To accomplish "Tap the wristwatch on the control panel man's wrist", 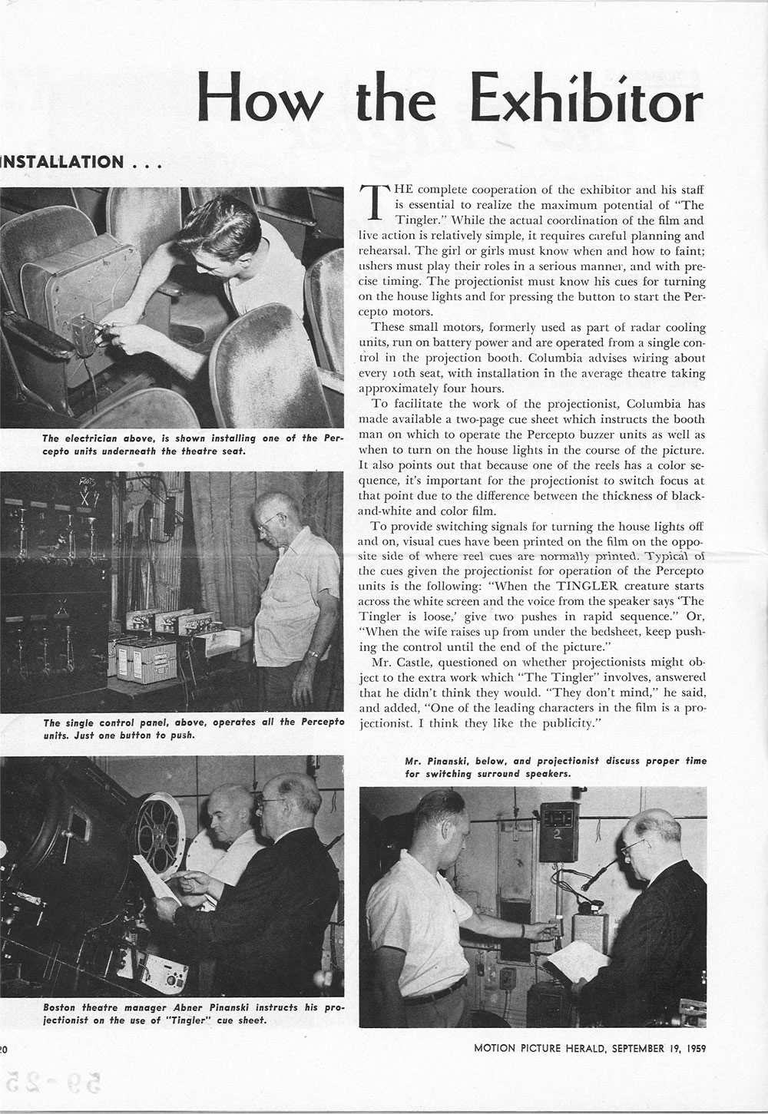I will (313, 654).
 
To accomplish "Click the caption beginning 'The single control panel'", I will (192, 729).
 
